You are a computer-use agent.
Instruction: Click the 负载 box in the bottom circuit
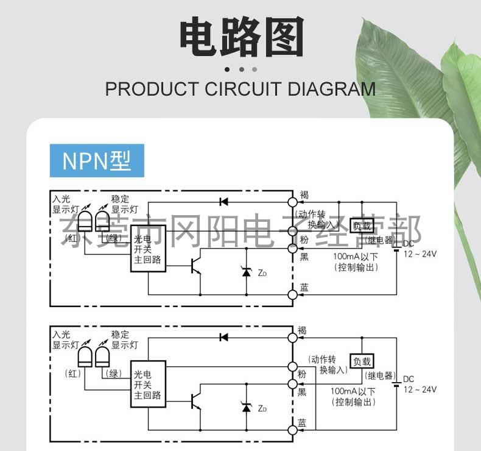360,361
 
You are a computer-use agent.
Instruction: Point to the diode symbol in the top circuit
223,201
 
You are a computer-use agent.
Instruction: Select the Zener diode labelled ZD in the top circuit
247,272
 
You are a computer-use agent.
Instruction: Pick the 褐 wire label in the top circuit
304,195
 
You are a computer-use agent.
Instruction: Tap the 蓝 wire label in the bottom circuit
303,422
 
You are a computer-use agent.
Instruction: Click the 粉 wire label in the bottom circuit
303,374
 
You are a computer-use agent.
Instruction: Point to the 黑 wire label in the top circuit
304,257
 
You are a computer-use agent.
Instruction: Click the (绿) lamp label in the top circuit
113,238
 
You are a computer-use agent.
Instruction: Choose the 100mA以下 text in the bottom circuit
353,391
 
